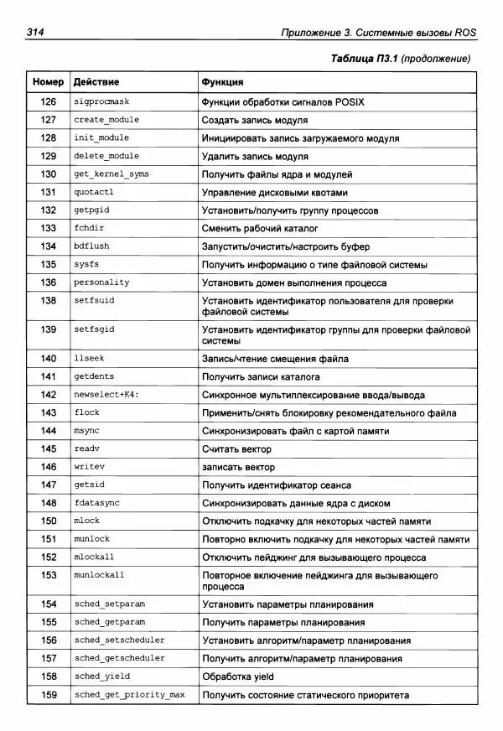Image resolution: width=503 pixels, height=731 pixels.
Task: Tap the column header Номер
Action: point(48,82)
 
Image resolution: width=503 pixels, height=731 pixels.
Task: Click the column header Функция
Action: point(222,82)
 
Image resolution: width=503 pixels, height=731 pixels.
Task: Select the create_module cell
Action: point(106,120)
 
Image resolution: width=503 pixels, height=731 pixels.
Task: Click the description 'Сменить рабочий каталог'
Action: point(260,228)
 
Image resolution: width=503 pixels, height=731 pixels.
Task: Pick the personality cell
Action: point(101,283)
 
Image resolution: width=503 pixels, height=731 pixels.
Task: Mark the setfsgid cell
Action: point(94,329)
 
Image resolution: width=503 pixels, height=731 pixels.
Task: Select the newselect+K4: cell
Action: point(106,395)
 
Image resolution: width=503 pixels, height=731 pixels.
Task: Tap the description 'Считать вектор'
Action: point(237,449)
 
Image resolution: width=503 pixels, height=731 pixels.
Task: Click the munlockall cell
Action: point(99,575)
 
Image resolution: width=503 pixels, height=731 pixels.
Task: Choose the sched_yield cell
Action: point(102,677)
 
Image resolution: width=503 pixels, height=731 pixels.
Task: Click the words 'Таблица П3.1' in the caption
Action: point(364,59)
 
